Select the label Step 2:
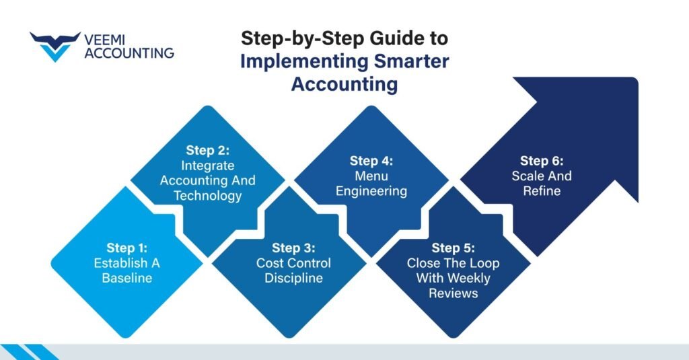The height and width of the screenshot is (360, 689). (208, 150)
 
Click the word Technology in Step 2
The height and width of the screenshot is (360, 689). (208, 195)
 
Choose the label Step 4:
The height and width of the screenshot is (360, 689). (372, 161)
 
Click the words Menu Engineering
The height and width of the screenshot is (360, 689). (372, 184)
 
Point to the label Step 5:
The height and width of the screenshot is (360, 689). (454, 248)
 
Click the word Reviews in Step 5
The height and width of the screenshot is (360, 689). (454, 293)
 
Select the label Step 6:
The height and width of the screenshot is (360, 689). (542, 161)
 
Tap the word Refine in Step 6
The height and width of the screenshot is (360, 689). (542, 191)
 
